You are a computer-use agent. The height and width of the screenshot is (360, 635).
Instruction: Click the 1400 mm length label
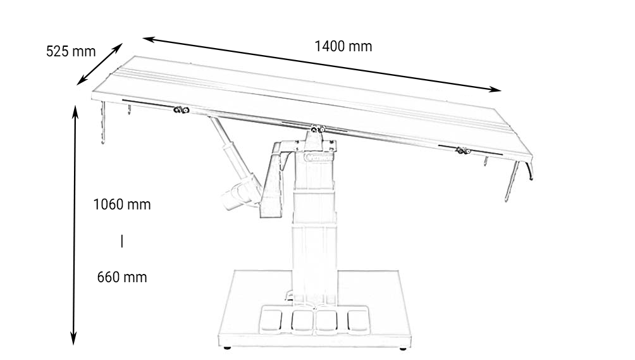(x=343, y=46)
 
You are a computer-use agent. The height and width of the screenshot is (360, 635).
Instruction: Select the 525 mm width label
(x=71, y=51)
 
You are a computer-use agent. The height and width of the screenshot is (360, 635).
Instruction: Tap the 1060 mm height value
(x=122, y=204)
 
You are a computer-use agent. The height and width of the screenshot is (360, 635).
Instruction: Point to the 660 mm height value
(x=122, y=277)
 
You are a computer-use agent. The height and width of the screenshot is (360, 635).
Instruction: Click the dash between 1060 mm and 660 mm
(x=122, y=241)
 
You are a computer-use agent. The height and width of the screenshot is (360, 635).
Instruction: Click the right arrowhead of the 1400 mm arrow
(x=496, y=89)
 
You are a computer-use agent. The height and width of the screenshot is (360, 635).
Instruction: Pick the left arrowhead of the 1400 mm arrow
(x=149, y=39)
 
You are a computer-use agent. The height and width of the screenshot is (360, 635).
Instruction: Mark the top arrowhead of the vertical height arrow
(x=75, y=111)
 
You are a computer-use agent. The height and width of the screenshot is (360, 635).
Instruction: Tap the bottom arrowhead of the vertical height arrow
(x=73, y=338)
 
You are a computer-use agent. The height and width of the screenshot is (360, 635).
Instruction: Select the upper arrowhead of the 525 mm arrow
(x=118, y=48)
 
